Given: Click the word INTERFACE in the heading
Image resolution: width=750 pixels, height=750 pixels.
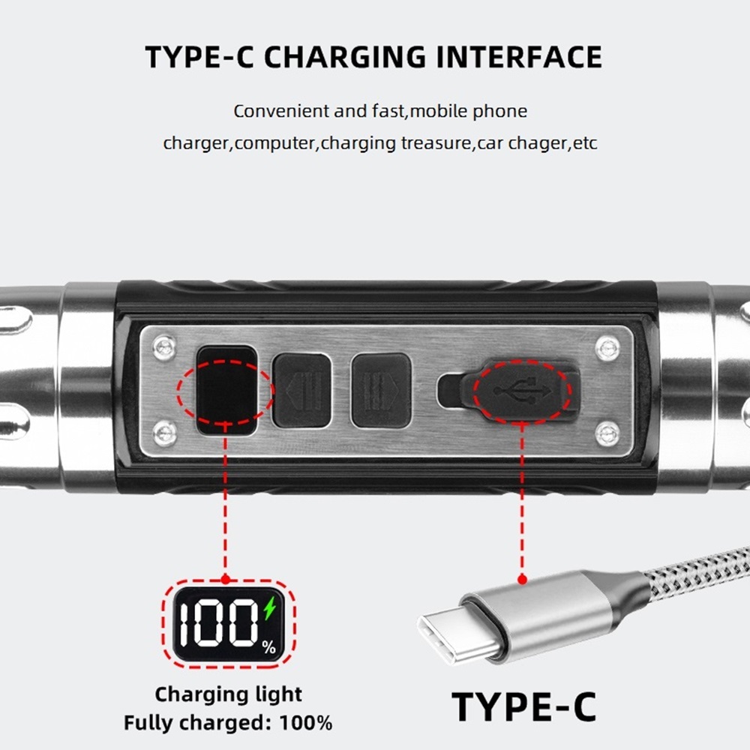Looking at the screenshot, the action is click(x=519, y=57).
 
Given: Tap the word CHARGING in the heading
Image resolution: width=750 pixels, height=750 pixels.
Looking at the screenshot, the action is click(x=345, y=57).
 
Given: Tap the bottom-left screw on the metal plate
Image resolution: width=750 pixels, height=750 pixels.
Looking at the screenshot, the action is click(x=165, y=433).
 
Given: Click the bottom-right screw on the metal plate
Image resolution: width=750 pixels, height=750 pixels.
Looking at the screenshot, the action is click(x=608, y=433).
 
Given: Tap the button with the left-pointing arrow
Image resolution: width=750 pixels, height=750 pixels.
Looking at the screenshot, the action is click(x=301, y=390).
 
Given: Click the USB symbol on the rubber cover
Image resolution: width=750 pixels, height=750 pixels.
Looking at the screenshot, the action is click(x=523, y=390).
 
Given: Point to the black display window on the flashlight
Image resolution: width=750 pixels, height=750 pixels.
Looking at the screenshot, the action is click(x=226, y=390).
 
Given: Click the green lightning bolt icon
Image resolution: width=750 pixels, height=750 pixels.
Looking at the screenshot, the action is click(x=270, y=608).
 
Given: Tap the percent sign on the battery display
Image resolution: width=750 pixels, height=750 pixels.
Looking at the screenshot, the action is click(x=268, y=647).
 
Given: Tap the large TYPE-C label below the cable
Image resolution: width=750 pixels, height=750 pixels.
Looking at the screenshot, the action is click(x=523, y=707).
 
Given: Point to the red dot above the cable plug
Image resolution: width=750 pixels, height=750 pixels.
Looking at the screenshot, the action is click(x=522, y=580).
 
